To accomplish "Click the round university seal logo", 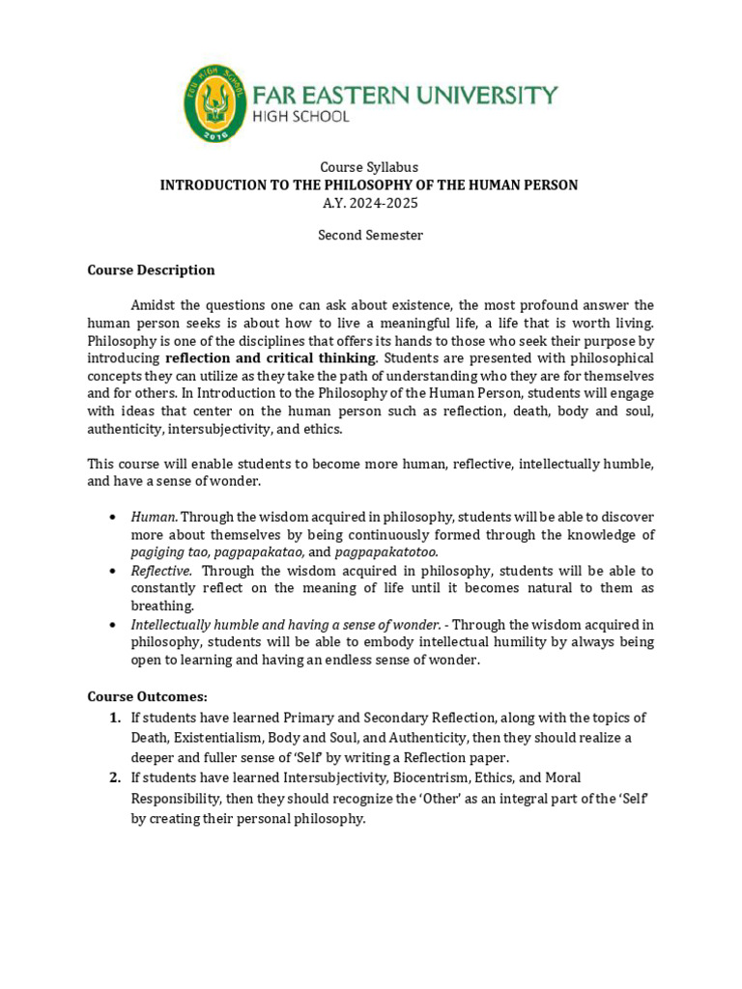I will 214,103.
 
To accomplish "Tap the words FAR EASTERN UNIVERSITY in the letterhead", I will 405,95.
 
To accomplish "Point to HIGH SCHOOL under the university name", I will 300,116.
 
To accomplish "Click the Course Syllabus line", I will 370,167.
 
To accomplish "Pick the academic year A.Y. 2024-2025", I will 370,203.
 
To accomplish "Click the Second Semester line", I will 370,235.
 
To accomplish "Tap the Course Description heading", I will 151,269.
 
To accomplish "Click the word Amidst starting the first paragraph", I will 154,306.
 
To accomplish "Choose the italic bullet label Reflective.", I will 161,571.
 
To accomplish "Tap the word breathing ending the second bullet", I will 162,606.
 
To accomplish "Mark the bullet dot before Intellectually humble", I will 115,625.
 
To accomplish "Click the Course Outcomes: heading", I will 147,695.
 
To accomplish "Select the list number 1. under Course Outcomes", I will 115,717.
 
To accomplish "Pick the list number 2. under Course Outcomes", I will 115,777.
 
